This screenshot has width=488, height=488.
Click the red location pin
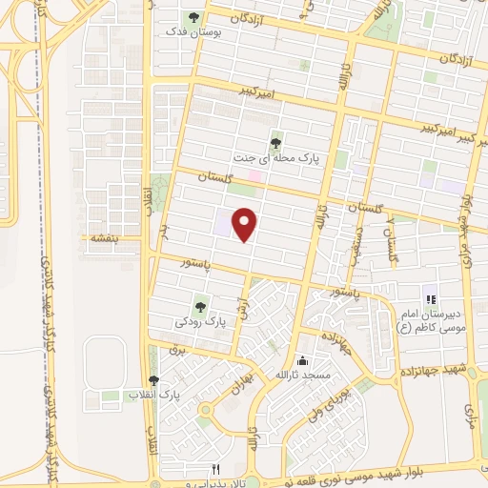coord(246,224)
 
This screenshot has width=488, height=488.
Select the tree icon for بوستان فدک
coord(193,17)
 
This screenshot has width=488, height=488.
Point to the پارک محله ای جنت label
coord(276,159)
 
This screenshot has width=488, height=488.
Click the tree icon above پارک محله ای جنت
coord(276,143)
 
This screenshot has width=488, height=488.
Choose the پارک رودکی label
coord(200,322)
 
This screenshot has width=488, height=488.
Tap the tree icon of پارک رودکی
coord(200,307)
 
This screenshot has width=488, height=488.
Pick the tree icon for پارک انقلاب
coord(154,379)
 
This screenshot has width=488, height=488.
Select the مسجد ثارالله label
coord(303,376)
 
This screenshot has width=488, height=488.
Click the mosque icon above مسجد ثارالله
coord(303,360)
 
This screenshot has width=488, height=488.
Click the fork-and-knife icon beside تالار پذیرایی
coord(215,469)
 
